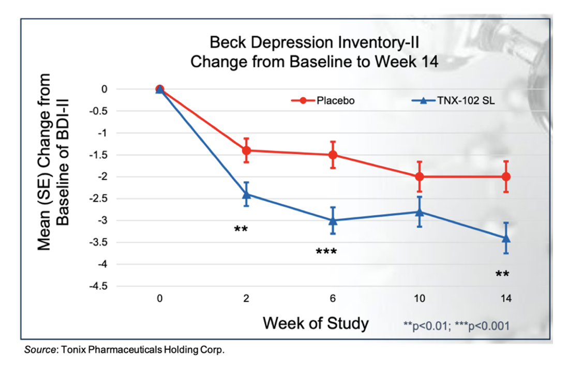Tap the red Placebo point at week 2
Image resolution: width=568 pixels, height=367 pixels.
(246, 150)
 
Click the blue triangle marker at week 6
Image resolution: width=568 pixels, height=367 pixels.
(333, 220)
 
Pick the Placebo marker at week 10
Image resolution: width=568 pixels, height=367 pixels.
(420, 177)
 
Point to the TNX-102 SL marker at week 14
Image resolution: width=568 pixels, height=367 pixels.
(506, 238)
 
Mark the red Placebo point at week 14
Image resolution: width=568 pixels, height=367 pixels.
(506, 177)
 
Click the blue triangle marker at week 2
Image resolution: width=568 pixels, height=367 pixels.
(246, 194)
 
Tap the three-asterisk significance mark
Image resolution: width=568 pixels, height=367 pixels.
(326, 252)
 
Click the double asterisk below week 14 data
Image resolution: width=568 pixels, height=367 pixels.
(502, 274)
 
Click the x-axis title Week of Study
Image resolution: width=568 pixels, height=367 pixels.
(316, 324)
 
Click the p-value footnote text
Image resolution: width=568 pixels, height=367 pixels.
(456, 326)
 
